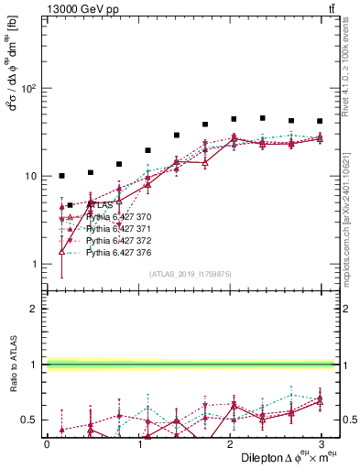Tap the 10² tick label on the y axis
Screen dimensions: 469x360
[x=28, y=89]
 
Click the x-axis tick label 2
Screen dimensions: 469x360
[x=229, y=442]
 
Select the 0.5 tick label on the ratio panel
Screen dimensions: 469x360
[x=27, y=420]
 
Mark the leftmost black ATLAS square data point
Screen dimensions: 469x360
[x=61, y=175]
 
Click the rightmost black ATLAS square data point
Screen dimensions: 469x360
[x=320, y=121]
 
